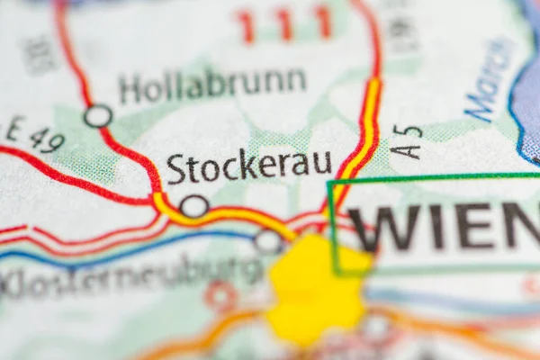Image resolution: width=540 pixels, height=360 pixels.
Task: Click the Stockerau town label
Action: (249, 167)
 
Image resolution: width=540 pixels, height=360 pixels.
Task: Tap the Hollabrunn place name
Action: (212, 86)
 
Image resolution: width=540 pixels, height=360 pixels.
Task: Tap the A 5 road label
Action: (408, 141)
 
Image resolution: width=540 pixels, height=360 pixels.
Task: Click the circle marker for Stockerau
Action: (193, 206)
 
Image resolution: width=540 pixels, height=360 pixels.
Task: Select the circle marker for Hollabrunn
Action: (98, 116)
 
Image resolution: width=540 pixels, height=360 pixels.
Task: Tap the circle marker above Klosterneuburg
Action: (268, 240)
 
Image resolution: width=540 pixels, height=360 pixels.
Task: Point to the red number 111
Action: (284, 23)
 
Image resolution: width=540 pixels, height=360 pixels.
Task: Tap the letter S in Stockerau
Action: (176, 169)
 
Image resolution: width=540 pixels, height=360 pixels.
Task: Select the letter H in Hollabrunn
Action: (130, 90)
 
